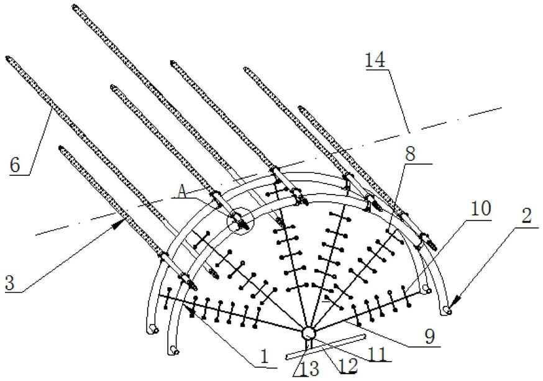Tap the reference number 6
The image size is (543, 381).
(x=15, y=165)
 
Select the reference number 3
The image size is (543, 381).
(x=10, y=283)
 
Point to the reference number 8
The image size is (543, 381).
(x=410, y=153)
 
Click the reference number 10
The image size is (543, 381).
(x=481, y=208)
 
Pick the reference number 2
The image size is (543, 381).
(x=526, y=217)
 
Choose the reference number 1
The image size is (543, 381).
(x=265, y=357)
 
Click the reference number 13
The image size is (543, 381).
(x=309, y=369)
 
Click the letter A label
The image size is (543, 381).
(x=182, y=191)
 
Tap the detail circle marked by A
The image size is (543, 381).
(x=240, y=221)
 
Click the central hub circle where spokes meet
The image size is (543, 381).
(x=308, y=334)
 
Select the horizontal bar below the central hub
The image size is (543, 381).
(x=325, y=347)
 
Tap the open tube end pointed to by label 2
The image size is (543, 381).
(x=447, y=310)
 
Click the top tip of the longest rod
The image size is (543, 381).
(x=75, y=6)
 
